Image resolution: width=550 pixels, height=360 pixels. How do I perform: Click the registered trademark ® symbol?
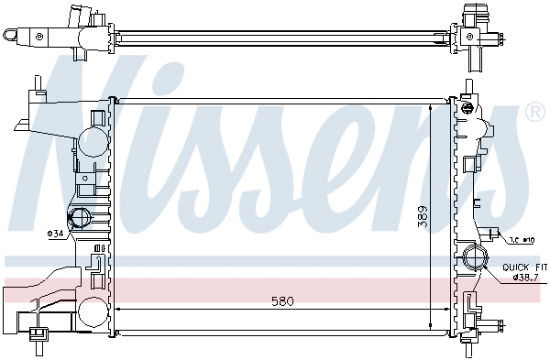click(534, 113)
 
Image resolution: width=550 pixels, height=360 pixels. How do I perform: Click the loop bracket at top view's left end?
click(12, 36)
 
